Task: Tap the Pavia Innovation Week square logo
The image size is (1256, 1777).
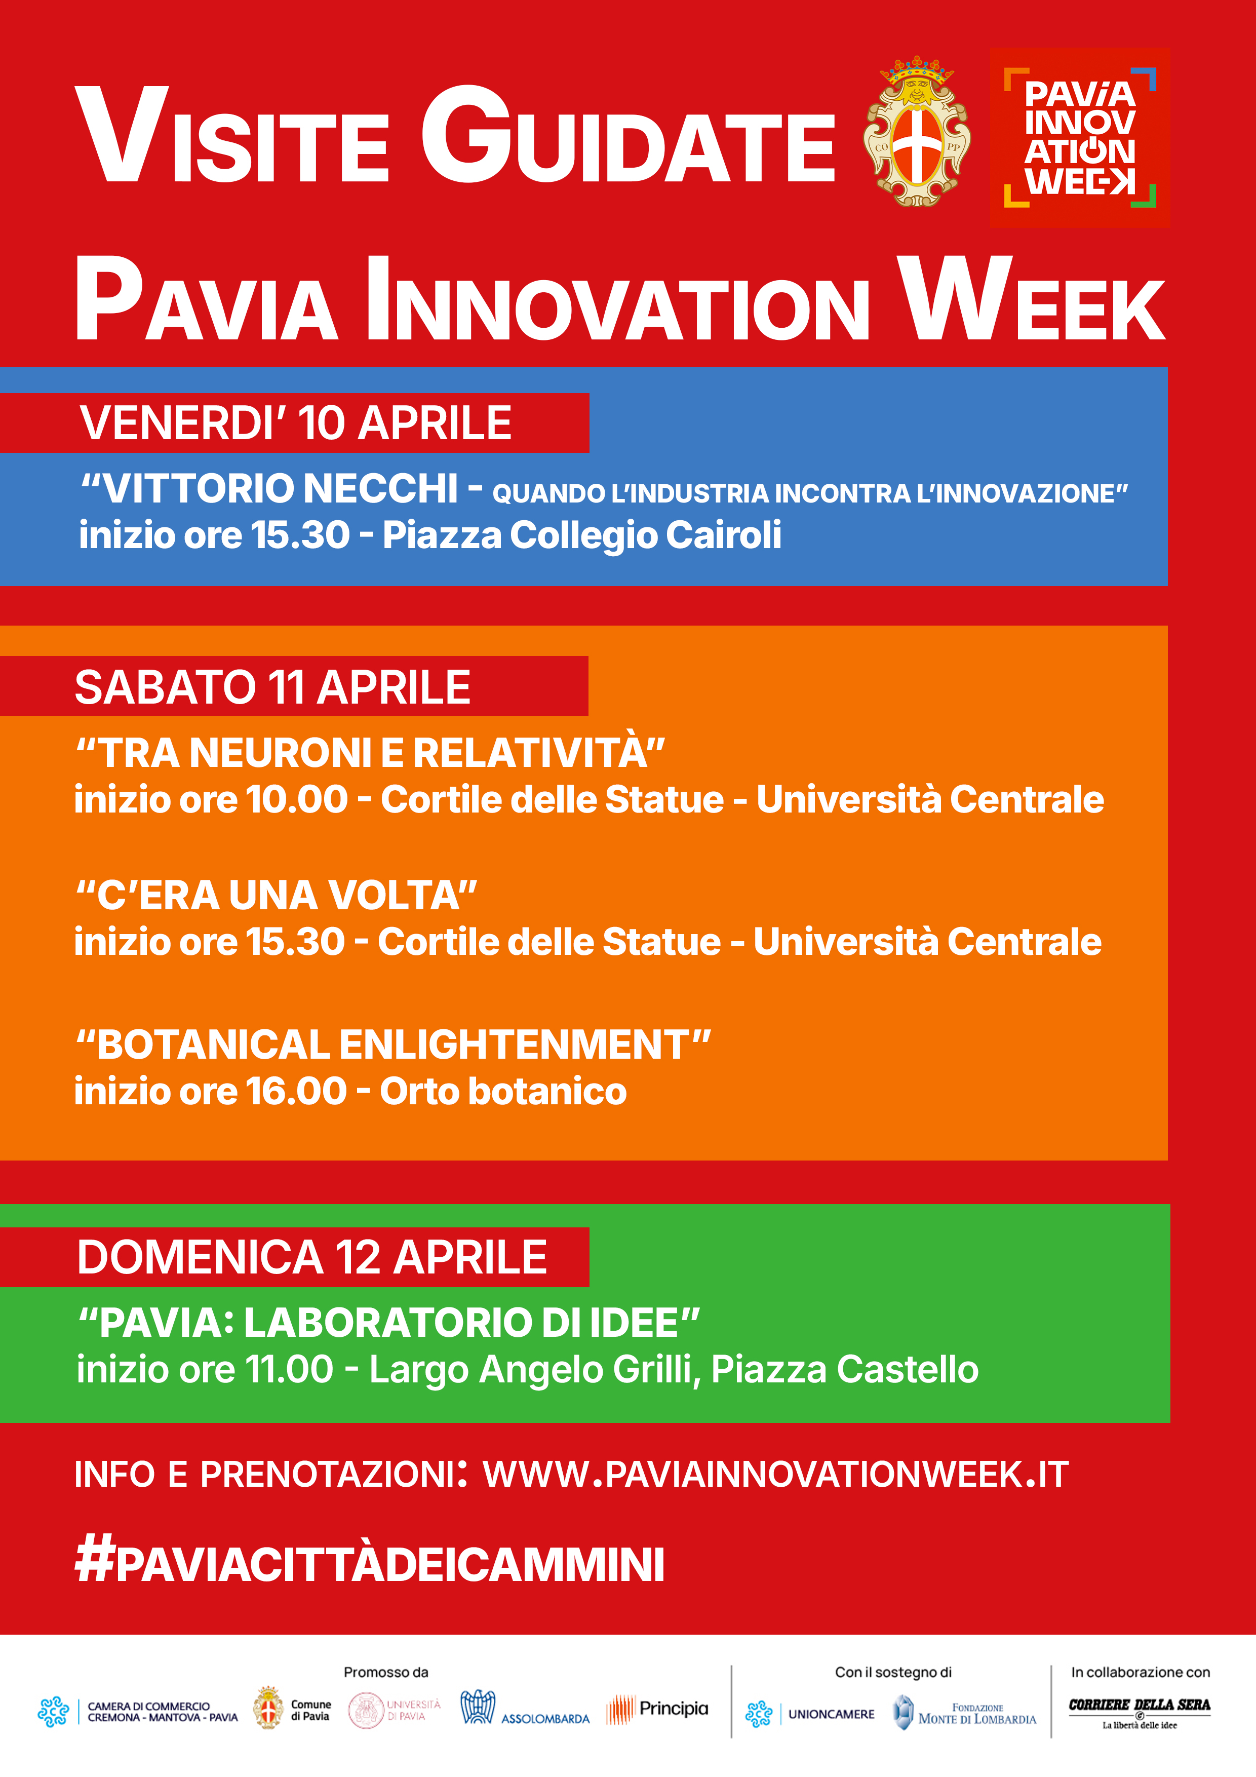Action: coord(1080,138)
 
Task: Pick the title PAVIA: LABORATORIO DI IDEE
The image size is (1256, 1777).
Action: coord(388,1322)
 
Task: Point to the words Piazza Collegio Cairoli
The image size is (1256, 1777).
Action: coord(582,535)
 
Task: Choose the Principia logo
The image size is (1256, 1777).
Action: coord(657,1709)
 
